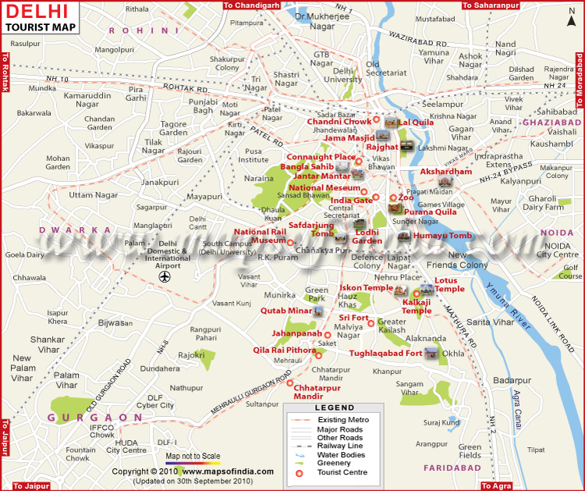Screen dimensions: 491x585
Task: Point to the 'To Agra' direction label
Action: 496,486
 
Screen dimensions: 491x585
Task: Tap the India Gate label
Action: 351,200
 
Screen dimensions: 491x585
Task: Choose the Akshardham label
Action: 446,171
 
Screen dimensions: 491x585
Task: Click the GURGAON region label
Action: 84,418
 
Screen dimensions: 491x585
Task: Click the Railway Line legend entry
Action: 343,446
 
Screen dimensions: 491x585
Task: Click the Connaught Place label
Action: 321,157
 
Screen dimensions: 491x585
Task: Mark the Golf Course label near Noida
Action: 571,272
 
